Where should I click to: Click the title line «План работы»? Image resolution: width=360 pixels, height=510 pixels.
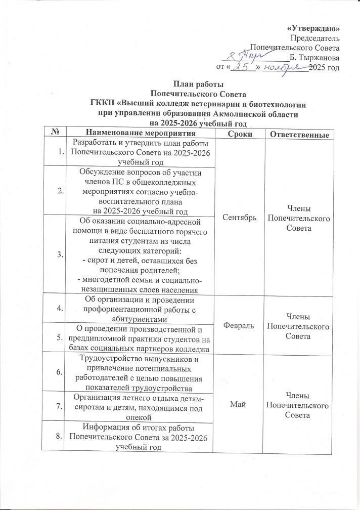click(198, 85)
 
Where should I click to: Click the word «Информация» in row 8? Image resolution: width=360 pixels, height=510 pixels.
click(104, 427)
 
